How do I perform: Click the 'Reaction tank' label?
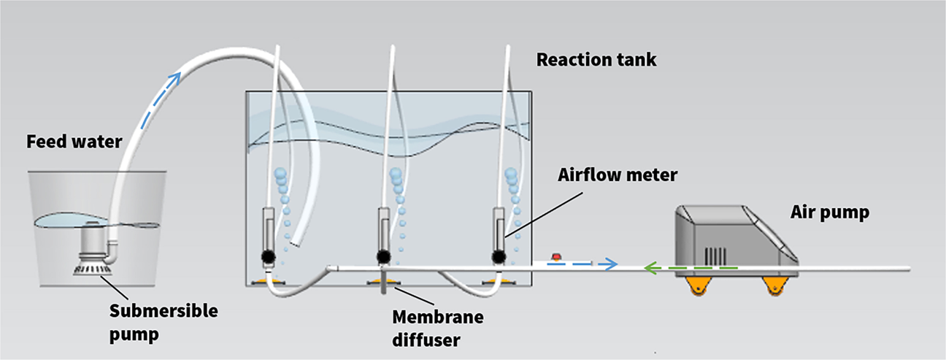[x=596, y=60]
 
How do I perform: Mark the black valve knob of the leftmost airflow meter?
[x=267, y=256]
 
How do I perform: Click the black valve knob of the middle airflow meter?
[x=382, y=256]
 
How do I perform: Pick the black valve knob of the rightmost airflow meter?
[x=499, y=256]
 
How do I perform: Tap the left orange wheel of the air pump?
[x=698, y=288]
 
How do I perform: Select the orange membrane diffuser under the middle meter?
[x=382, y=281]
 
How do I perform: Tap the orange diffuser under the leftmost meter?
[x=261, y=281]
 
